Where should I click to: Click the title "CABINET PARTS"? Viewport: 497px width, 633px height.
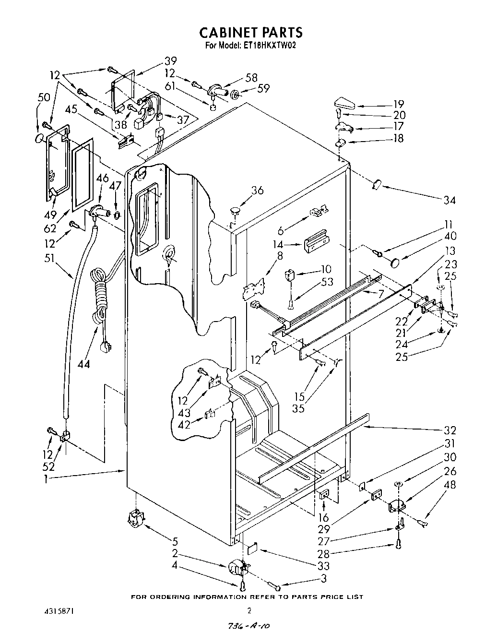(251, 32)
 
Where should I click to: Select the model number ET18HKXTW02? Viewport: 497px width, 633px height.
(268, 46)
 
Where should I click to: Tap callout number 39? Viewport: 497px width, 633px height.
(157, 61)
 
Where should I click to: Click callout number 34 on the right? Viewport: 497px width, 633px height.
(449, 200)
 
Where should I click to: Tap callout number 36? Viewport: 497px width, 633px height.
(257, 191)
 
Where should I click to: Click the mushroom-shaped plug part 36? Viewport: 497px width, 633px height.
(236, 210)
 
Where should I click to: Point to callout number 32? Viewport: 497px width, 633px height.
(450, 430)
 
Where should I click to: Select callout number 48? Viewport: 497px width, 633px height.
(450, 485)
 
